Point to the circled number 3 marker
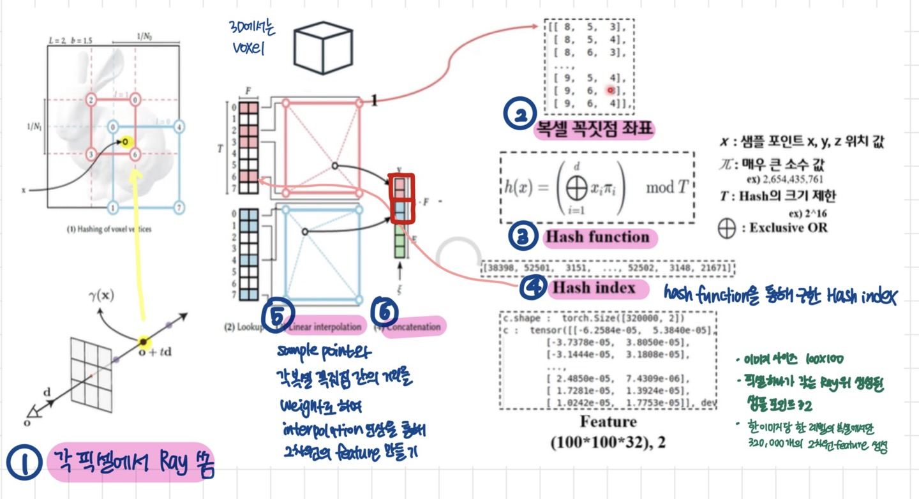click(x=522, y=237)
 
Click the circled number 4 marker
click(x=532, y=288)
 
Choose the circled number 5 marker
click(x=279, y=314)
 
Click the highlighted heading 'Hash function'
click(x=596, y=237)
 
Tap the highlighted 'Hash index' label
click(x=594, y=288)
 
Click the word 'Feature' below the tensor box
click(x=608, y=422)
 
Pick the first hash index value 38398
click(x=502, y=267)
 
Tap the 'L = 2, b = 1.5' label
click(x=70, y=40)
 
